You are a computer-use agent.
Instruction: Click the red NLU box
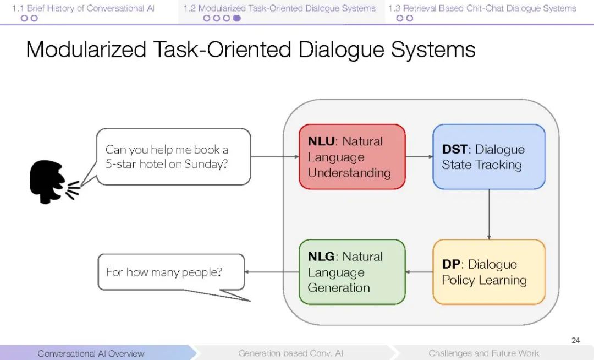tap(352, 157)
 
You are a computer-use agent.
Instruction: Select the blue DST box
tap(488, 157)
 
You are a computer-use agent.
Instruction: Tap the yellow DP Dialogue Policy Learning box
tap(488, 272)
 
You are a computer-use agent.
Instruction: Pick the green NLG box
tap(352, 272)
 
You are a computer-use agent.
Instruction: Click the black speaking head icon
tap(52, 182)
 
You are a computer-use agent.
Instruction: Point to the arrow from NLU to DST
tap(419, 157)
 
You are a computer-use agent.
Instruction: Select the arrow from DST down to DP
tap(488, 214)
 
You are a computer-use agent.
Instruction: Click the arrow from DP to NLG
tap(419, 272)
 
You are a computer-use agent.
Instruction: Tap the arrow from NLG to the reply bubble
tap(272, 272)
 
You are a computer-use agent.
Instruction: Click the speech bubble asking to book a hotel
tap(173, 157)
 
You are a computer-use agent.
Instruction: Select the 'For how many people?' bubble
tap(170, 272)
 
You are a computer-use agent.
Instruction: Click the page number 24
tap(575, 340)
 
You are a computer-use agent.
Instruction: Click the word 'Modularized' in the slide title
tap(86, 50)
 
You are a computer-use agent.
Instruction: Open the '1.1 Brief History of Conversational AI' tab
tap(84, 8)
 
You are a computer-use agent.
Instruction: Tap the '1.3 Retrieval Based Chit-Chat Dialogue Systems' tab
tap(482, 8)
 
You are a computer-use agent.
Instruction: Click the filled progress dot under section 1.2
tap(237, 18)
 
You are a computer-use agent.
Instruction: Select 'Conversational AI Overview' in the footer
tap(91, 353)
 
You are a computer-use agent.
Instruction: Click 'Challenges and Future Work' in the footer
tap(483, 353)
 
